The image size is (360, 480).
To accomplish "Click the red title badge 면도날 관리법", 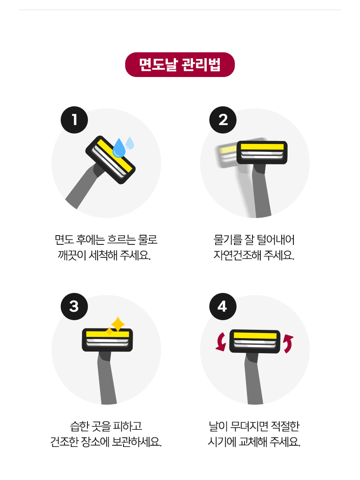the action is coord(180,64).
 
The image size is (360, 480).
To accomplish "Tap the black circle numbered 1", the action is coord(75,120).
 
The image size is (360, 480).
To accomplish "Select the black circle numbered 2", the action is coord(223,120).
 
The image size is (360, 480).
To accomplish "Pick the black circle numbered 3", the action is coord(75,306).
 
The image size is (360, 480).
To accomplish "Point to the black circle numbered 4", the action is coord(223,306).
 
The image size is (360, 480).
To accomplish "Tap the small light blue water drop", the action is coord(130,143).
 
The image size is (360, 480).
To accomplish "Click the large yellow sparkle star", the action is coord(118,324).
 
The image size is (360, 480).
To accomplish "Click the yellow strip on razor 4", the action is coord(255,336).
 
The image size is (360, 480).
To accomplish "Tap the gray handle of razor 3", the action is coord(106,377).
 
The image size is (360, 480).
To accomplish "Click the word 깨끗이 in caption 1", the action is coord(72,255).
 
